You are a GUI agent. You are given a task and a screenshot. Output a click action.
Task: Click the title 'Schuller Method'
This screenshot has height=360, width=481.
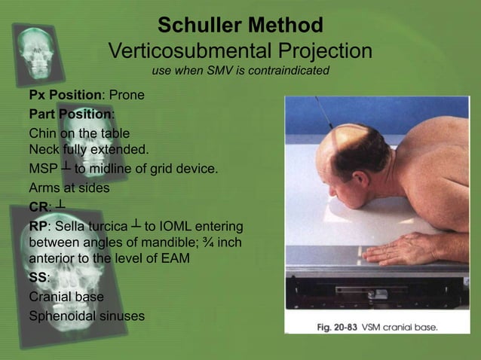tap(240, 26)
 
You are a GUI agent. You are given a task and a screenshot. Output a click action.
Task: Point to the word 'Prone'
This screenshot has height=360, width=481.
tap(127, 96)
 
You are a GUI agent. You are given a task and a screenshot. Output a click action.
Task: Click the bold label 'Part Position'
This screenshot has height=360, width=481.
tap(71, 114)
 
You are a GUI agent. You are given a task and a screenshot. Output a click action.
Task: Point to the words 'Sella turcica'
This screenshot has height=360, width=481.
tap(89, 226)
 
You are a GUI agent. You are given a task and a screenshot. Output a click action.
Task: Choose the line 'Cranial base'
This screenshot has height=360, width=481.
tap(66, 297)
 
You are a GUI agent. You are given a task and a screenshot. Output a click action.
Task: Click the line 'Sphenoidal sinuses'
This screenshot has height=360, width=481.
tap(86, 316)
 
